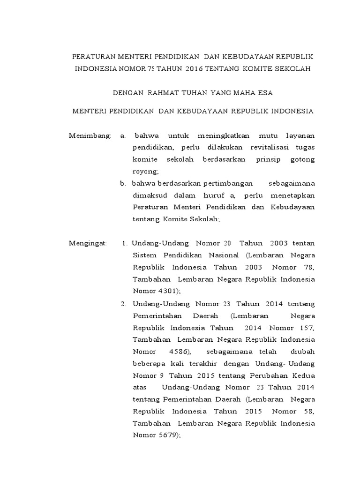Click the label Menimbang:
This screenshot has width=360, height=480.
90,136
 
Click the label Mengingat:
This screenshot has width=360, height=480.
88,243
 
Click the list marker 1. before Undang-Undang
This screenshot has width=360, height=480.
125,243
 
